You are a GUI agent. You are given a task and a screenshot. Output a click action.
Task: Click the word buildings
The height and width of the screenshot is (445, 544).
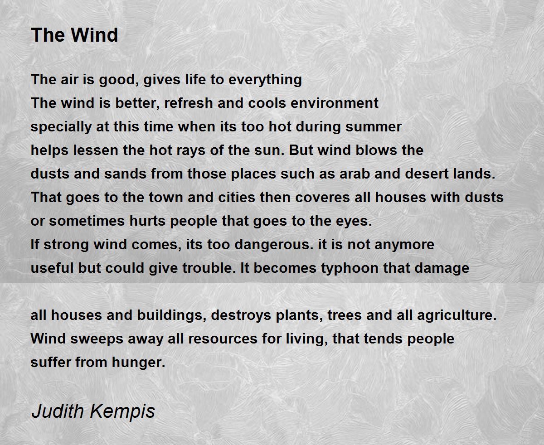172,315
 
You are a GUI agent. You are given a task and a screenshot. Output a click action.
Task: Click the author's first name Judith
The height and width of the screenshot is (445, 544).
58,411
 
